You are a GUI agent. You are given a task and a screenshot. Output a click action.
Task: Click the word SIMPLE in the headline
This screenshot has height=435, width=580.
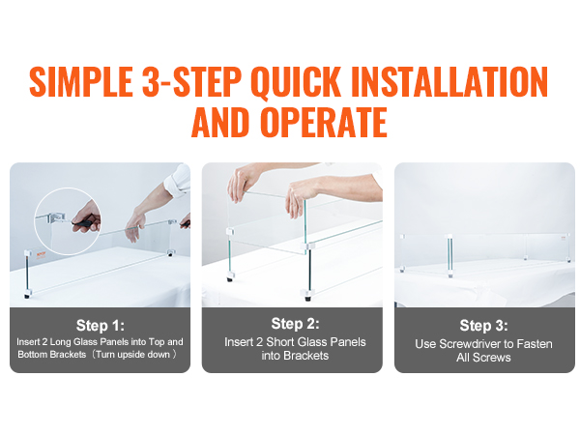(x=81, y=81)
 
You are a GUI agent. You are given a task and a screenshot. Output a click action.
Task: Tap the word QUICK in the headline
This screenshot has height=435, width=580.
(x=296, y=82)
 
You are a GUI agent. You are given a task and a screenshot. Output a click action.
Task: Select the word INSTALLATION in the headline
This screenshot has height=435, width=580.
(x=449, y=81)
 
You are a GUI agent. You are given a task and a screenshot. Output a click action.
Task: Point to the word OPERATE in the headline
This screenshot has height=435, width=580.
(x=324, y=122)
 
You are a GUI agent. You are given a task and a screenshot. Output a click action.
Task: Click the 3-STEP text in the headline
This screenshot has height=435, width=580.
(x=191, y=81)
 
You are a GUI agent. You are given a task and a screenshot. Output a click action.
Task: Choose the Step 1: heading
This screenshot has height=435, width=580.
(x=101, y=326)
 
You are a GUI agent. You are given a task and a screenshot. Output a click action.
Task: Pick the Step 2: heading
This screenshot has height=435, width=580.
(x=295, y=324)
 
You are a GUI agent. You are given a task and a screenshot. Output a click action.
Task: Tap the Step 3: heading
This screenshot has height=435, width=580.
(x=484, y=326)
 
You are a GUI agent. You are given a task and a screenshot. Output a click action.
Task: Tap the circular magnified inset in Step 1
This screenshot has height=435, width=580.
(x=68, y=221)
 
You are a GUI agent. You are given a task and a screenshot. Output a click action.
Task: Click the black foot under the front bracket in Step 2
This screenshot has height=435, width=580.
(x=307, y=297)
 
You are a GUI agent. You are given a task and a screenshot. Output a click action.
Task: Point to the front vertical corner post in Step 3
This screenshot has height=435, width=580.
(x=449, y=255)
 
